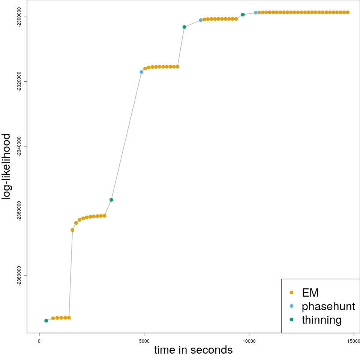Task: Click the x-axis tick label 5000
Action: [x=144, y=341]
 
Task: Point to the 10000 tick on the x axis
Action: [x=249, y=341]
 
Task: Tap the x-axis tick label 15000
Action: [x=354, y=341]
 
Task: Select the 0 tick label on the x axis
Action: [x=39, y=341]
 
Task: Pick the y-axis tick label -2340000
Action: [x=20, y=146]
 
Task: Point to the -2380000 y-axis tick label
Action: [x=20, y=276]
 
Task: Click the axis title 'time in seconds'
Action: [x=193, y=350]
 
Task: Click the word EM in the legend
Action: [x=310, y=292]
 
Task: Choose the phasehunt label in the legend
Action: [x=328, y=306]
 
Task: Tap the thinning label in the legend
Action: [x=321, y=320]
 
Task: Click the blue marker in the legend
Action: [x=291, y=306]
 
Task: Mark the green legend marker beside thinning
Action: [x=291, y=320]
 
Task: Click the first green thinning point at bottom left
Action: [x=46, y=321]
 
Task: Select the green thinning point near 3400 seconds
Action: [x=111, y=200]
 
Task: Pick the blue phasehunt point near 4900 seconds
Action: [x=141, y=72]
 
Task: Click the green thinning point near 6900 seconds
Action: [x=184, y=27]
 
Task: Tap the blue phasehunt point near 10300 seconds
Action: [x=256, y=13]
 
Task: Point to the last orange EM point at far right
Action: [x=348, y=12]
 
